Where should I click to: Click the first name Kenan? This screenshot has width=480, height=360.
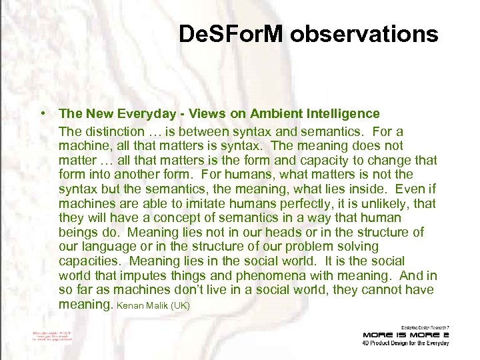tap(130, 305)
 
